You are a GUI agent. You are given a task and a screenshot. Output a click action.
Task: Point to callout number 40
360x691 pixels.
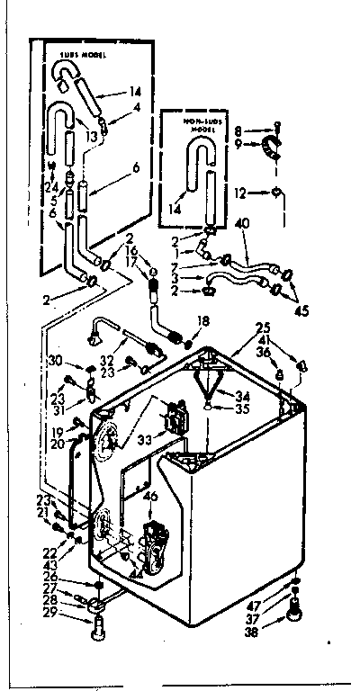coord(241,222)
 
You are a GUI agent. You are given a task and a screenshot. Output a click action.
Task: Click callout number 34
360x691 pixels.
coord(242,394)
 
